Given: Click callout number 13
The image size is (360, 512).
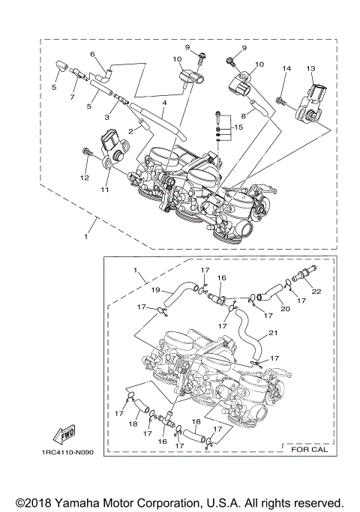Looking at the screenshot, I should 310,68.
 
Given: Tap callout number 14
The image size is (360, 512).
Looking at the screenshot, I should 285,69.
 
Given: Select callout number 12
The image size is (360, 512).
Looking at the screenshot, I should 84,178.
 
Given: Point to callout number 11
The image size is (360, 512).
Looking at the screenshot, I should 105,190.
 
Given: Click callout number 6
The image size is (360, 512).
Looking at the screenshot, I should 93,54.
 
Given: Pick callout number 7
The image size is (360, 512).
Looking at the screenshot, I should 72,97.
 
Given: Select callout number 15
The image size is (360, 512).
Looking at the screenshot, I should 238,128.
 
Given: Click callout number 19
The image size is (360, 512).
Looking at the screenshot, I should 157,289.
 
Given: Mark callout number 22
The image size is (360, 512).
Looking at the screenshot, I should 316,291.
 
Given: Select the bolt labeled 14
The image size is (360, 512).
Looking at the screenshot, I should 279,99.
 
